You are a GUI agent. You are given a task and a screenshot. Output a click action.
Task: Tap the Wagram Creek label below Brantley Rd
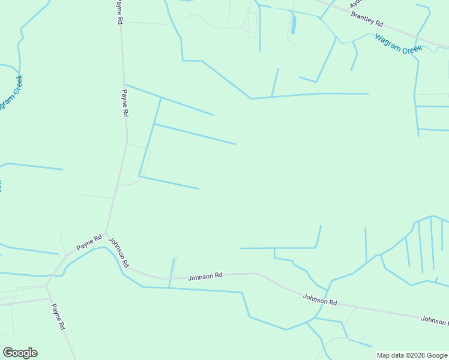click(x=398, y=44)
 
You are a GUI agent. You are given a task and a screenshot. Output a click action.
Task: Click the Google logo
click(x=20, y=353)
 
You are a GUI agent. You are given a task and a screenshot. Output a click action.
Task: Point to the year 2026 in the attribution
click(x=417, y=355)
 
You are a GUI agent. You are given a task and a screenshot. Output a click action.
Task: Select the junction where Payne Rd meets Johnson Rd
click(x=106, y=234)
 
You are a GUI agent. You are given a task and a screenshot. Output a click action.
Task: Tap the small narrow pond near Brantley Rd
click(x=294, y=24)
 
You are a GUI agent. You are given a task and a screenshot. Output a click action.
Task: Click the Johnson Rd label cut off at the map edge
click(x=434, y=321)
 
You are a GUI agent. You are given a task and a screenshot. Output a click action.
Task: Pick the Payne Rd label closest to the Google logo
click(x=58, y=317)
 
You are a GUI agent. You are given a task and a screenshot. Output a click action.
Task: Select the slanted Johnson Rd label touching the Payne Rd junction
click(x=119, y=252)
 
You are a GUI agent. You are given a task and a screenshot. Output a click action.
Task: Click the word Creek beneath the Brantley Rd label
click(x=412, y=49)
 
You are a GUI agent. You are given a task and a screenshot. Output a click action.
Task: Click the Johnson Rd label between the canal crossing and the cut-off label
click(x=320, y=298)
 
